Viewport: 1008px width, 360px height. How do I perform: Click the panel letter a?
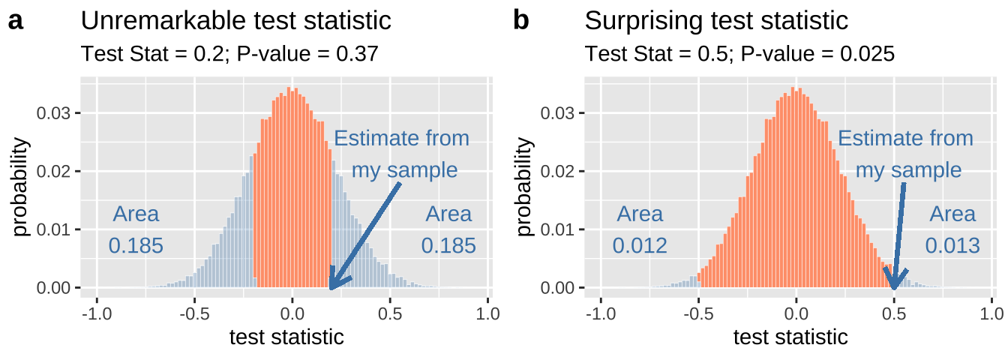[16, 22]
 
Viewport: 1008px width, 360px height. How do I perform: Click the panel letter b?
[520, 21]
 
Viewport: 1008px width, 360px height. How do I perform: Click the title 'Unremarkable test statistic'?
[235, 21]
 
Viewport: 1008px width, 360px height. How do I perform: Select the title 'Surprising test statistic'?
[716, 21]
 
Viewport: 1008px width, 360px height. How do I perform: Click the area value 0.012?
[640, 245]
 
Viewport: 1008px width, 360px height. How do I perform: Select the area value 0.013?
[952, 245]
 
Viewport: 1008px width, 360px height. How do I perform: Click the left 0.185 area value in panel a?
[136, 245]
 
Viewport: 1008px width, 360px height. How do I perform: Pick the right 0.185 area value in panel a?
[448, 245]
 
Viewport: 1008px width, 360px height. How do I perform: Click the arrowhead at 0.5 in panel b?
[894, 283]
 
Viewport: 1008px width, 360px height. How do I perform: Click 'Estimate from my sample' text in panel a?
[402, 154]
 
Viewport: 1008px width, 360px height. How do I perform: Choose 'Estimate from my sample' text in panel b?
[906, 154]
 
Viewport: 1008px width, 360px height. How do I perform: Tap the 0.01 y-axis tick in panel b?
[559, 229]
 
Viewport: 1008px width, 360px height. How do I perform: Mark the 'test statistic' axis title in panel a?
[286, 337]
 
